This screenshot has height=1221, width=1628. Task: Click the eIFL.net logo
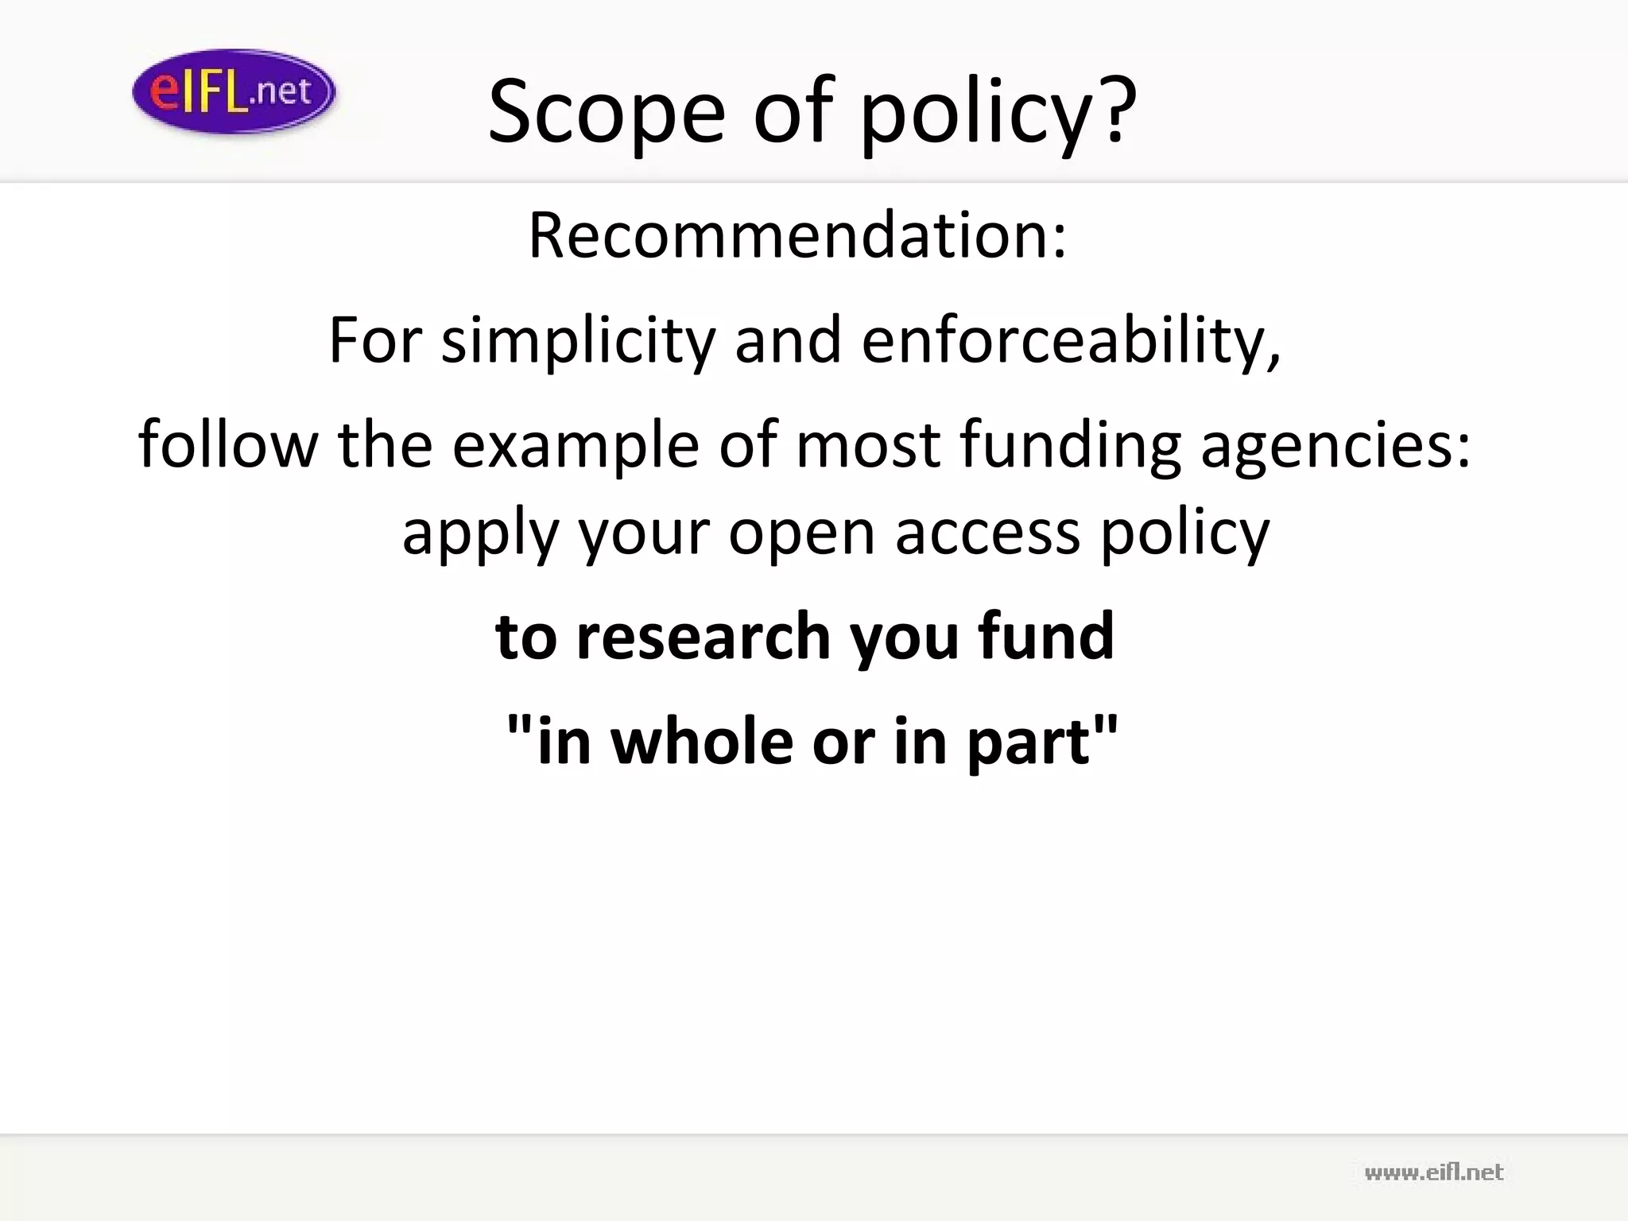click(234, 91)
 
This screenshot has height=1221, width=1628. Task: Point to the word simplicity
click(579, 340)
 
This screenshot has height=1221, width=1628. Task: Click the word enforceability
click(1069, 340)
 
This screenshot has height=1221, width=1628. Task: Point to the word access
click(987, 533)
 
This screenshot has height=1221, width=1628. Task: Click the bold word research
click(704, 637)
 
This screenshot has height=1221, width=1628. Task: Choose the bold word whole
click(702, 741)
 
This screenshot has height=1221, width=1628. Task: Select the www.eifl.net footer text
click(1433, 1173)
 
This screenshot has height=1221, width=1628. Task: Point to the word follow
click(228, 445)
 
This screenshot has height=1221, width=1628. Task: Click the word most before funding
click(868, 445)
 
